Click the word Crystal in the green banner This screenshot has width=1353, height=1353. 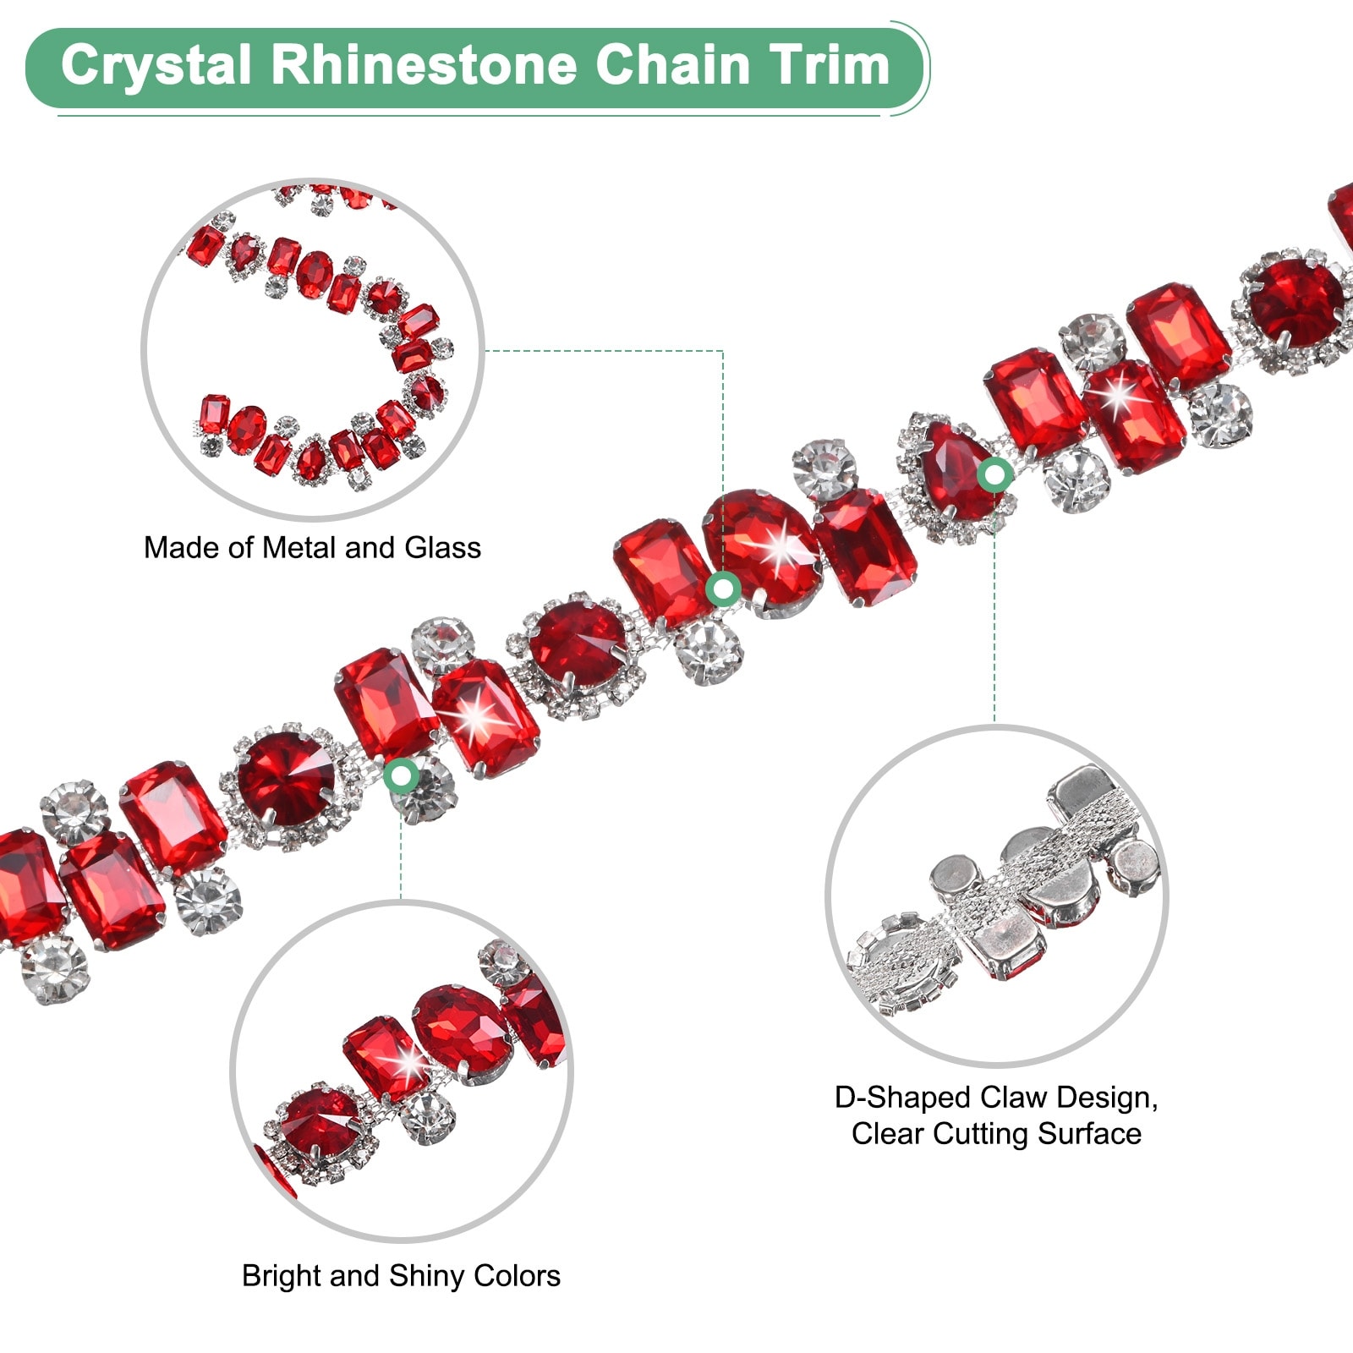click(x=156, y=66)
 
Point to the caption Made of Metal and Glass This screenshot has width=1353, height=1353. click(x=312, y=548)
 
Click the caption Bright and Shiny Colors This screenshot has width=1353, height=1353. click(x=401, y=1275)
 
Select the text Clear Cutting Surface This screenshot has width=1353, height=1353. click(x=996, y=1133)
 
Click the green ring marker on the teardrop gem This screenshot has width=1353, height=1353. click(x=995, y=475)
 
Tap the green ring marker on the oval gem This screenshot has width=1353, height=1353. click(x=723, y=589)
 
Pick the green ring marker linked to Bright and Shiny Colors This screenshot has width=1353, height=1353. click(x=402, y=775)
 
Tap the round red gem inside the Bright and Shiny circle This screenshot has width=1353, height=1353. click(x=319, y=1122)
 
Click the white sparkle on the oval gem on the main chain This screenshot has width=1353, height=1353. click(x=783, y=545)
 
